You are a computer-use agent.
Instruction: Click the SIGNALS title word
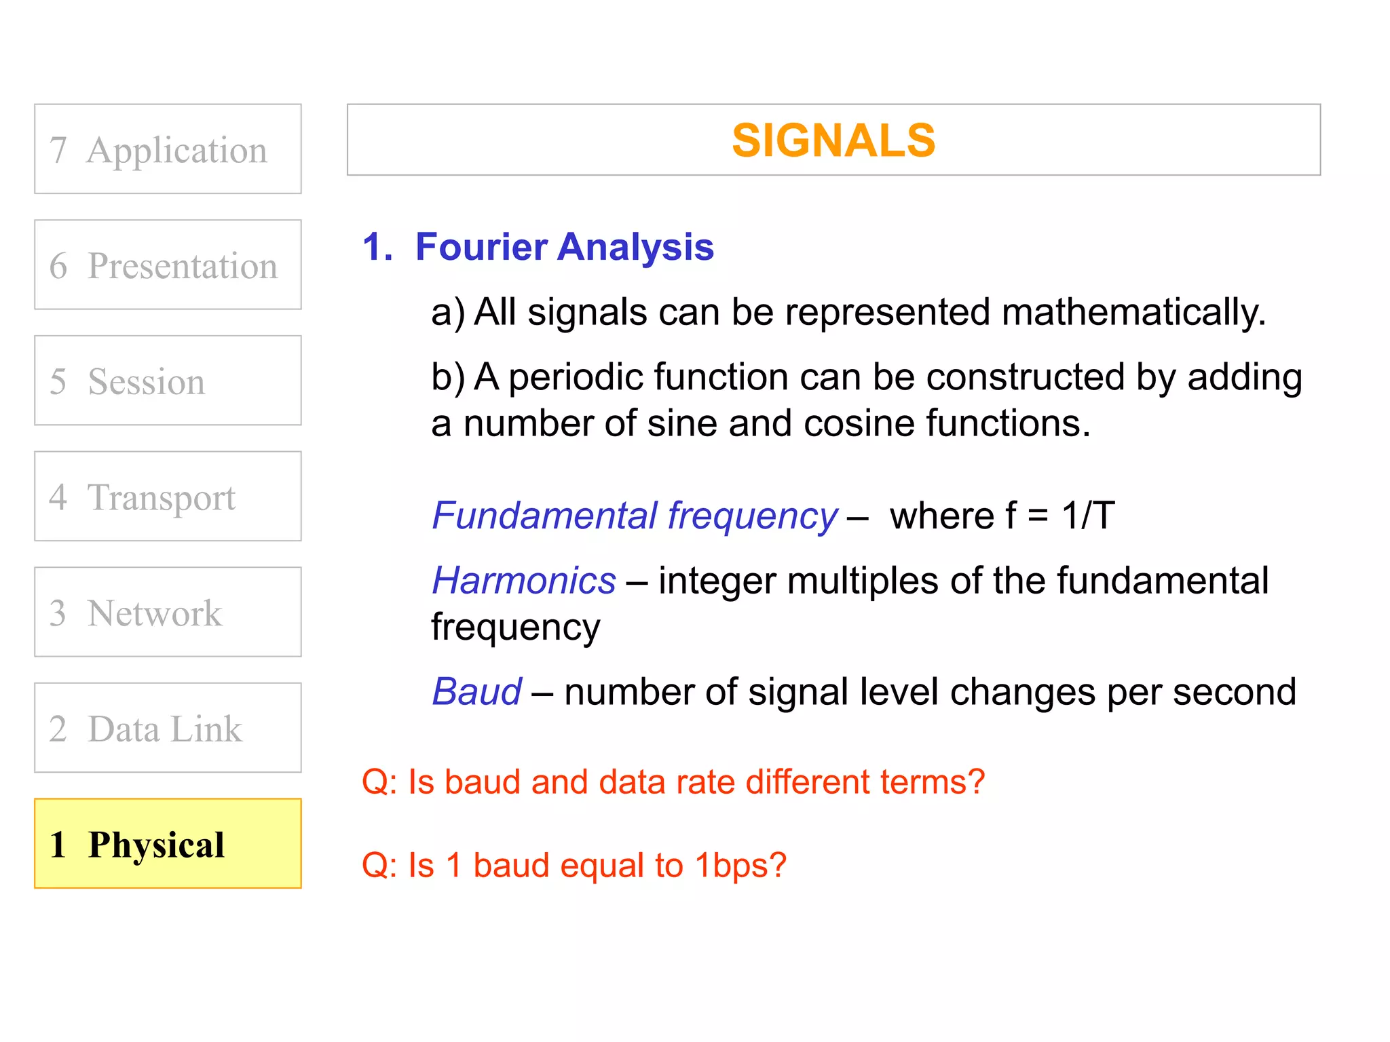pos(833,140)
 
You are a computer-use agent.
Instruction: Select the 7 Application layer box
pos(168,149)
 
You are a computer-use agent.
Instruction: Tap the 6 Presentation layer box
pos(168,265)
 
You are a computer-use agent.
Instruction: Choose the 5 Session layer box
pos(168,381)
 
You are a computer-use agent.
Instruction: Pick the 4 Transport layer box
pos(168,497)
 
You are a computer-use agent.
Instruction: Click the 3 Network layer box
pos(168,612)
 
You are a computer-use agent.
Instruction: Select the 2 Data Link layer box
pos(168,728)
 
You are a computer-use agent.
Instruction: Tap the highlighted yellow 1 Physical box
pos(168,844)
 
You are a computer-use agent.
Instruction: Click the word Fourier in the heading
pos(481,246)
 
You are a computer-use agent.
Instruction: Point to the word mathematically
pos(1133,313)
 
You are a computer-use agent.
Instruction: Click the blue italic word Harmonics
pos(524,581)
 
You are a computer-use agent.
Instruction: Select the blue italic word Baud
pos(477,692)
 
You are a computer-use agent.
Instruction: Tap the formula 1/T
pos(1088,516)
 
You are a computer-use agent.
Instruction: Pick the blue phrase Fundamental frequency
pos(635,516)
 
